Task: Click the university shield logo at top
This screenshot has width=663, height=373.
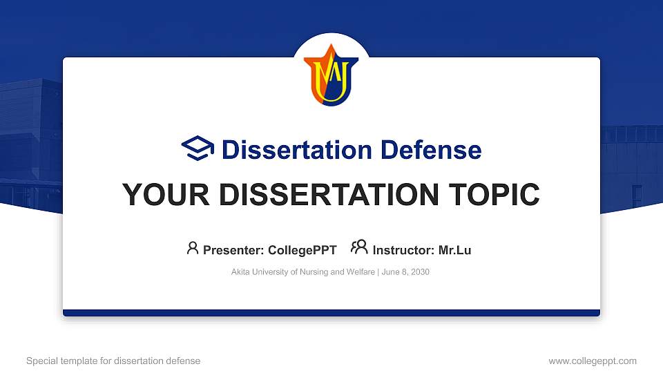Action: click(331, 75)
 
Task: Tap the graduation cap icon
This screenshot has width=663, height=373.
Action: click(198, 149)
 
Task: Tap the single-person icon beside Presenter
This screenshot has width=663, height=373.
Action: click(193, 248)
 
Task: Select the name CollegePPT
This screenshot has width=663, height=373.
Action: click(302, 250)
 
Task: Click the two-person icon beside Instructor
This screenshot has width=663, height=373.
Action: click(359, 248)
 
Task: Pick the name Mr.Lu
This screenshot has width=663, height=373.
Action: click(454, 250)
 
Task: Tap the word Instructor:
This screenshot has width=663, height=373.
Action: click(404, 250)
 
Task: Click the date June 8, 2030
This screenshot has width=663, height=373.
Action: click(405, 272)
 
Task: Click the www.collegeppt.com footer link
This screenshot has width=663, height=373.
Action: click(592, 361)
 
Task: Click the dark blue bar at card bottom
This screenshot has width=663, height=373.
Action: click(331, 313)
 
